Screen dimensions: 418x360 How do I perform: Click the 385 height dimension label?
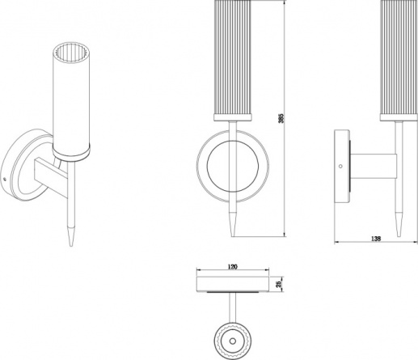click(x=281, y=118)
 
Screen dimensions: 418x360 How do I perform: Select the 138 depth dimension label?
click(x=376, y=239)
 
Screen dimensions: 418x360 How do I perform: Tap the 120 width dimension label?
click(x=233, y=267)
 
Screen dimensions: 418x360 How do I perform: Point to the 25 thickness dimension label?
click(x=279, y=283)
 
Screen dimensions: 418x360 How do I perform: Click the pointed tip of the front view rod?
click(x=233, y=236)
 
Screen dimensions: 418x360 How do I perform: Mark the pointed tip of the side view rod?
click(x=399, y=236)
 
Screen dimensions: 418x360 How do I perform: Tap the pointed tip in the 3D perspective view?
click(x=71, y=246)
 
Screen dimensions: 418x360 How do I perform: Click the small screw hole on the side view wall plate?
click(x=340, y=166)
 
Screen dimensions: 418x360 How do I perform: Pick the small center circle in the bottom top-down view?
click(x=233, y=341)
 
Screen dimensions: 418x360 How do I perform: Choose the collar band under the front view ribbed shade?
click(x=233, y=117)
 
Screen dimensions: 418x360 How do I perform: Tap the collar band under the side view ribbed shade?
click(x=399, y=117)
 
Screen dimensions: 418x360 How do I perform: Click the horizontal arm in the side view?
click(x=373, y=166)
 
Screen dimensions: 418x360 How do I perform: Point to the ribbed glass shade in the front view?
click(x=233, y=57)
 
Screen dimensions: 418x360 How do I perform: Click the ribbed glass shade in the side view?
click(x=399, y=57)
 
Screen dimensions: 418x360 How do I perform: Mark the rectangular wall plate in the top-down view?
click(x=233, y=284)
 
